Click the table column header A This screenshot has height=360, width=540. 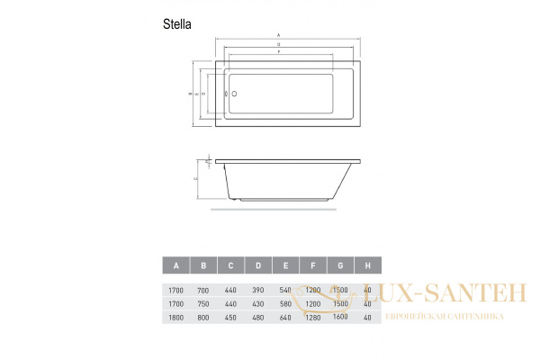tap(176, 265)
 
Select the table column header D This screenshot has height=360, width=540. tap(258, 265)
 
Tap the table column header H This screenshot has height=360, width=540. tap(367, 265)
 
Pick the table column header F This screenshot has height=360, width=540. tap(312, 265)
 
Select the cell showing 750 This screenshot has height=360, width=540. tap(203, 304)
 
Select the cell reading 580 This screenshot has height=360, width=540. tap(285, 304)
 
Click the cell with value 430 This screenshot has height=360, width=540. tap(258, 304)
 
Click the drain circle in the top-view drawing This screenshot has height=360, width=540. tap(234, 93)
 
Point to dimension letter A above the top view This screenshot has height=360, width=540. tap(279, 35)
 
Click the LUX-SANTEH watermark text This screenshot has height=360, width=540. tap(427, 292)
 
